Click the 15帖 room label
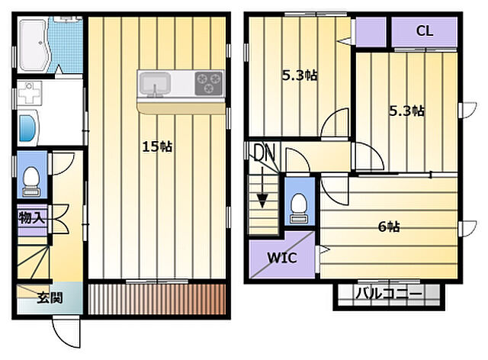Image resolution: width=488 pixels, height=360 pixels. [x=157, y=146]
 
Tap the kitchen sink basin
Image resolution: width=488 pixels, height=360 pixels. [x=155, y=83]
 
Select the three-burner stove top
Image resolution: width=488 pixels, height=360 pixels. [x=209, y=83]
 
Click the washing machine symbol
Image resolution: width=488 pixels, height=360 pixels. [x=29, y=93]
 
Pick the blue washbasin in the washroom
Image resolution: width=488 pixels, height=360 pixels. [x=27, y=127]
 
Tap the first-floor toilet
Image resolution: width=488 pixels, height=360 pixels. [x=31, y=182]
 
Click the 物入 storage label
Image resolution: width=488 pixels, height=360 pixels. [x=32, y=217]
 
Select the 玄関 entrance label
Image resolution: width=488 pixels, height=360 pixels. [x=50, y=297]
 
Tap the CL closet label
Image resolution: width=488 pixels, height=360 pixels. [x=425, y=31]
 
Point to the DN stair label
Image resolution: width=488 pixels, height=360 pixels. [x=265, y=153]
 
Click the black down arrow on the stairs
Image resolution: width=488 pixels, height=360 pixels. [x=262, y=187]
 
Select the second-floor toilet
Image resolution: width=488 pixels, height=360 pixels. [x=299, y=208]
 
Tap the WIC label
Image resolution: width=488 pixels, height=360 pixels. [x=282, y=258]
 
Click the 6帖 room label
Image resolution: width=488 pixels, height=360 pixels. [x=389, y=227]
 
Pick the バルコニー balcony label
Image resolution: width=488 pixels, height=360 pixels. [x=389, y=294]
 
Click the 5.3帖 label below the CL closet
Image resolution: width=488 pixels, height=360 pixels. [x=406, y=111]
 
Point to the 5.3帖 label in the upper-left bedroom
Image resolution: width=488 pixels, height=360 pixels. [x=300, y=76]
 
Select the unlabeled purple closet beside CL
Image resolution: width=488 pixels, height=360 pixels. [x=371, y=31]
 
